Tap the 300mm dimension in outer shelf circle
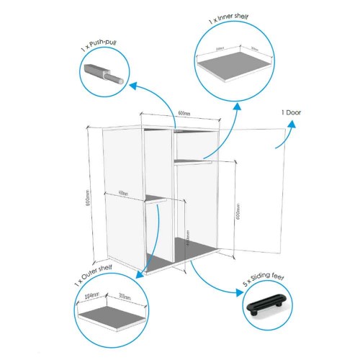(124, 297)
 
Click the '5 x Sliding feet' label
(264, 285)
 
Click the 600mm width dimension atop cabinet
(184, 114)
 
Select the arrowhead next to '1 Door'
(292, 123)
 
